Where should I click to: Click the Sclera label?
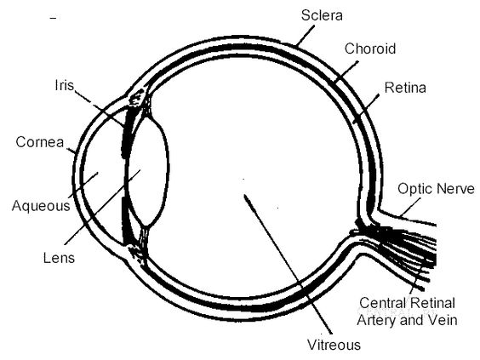(x=322, y=15)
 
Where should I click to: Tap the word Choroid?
(x=370, y=49)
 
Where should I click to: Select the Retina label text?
(x=405, y=88)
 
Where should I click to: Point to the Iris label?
(x=65, y=85)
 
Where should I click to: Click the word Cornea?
(x=40, y=142)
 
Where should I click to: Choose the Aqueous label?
(x=41, y=206)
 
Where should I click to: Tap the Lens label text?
(x=59, y=258)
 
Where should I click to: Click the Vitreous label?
(x=334, y=345)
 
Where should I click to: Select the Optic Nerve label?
(x=436, y=189)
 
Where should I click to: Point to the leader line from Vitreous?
(x=288, y=264)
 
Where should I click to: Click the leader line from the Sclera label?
(x=305, y=36)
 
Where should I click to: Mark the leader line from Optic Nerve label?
(x=410, y=208)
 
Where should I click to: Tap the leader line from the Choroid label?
(x=346, y=72)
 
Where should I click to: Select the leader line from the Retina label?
(x=366, y=108)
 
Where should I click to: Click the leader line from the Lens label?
(x=102, y=208)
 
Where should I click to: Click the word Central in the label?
(x=381, y=303)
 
